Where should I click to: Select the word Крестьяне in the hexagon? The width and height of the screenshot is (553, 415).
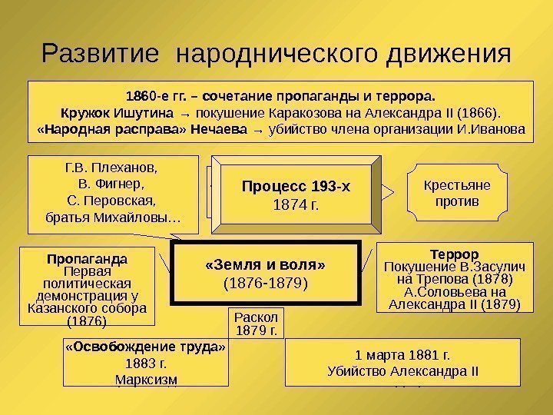pos(457,185)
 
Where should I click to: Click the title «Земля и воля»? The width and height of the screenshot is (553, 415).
pos(266,265)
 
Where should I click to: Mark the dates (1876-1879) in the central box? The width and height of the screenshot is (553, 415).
pos(266,284)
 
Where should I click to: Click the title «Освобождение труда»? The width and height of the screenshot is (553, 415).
pos(146,347)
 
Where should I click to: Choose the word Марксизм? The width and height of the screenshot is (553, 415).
pos(146,379)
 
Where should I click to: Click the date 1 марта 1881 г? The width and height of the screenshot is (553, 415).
pos(402,356)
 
